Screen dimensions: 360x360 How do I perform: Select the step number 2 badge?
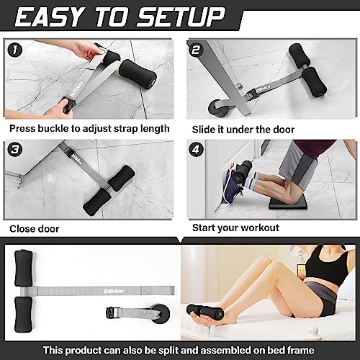click(195, 50)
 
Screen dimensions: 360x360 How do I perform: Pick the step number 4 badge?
click(195, 149)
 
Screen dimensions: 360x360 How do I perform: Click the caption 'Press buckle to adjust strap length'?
click(89, 128)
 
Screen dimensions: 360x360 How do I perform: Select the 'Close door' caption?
click(35, 228)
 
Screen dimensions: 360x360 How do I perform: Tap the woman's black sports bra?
click(330, 272)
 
